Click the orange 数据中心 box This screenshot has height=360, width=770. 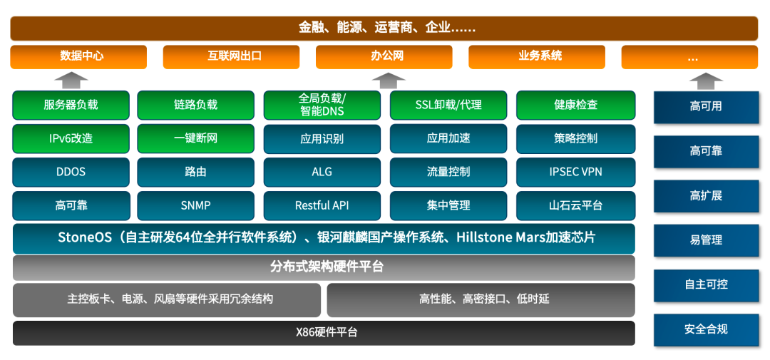(78, 57)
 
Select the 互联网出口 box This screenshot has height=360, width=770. (231, 57)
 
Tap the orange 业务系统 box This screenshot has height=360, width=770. (537, 57)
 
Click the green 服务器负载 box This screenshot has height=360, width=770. (71, 105)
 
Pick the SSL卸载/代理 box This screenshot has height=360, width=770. (448, 105)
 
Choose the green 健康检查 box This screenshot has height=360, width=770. (575, 105)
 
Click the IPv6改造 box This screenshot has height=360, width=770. (71, 138)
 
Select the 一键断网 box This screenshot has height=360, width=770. (196, 138)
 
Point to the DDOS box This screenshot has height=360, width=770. (71, 172)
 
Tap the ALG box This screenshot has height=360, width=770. (322, 172)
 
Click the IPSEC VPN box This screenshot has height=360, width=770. (575, 172)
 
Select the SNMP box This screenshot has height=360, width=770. (196, 205)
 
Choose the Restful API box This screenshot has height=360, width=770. (322, 205)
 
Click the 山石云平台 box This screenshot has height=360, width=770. (575, 205)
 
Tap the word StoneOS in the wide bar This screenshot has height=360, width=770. (84, 237)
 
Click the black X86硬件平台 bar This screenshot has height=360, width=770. (324, 333)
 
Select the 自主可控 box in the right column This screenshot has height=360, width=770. (706, 285)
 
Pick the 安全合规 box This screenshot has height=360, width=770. (706, 329)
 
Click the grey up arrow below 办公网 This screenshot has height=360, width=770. (389, 81)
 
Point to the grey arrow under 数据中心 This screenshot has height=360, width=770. (71, 81)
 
